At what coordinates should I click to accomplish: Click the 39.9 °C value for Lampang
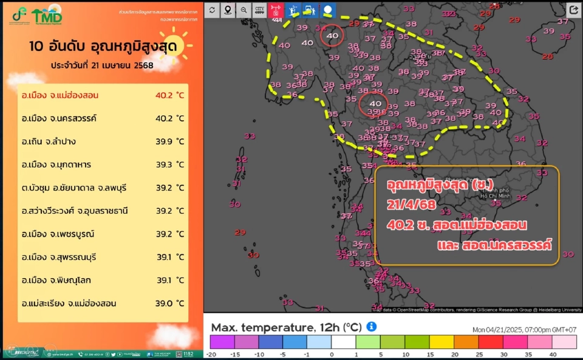pos(169,141)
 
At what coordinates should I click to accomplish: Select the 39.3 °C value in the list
pos(169,165)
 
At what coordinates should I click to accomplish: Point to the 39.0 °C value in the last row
pos(169,303)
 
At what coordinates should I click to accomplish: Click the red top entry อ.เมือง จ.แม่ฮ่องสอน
pos(60,95)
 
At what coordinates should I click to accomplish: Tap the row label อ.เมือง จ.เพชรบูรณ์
pos(58,234)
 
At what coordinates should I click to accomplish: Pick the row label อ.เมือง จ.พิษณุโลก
pos(58,280)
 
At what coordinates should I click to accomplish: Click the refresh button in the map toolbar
pos(212,10)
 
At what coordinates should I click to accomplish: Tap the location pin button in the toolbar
pos(228,10)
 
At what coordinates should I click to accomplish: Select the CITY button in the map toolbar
pos(259,10)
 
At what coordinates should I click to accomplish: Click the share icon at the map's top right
pos(573,10)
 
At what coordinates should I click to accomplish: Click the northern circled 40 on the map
pos(332,36)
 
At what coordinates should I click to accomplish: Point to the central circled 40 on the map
pos(375,103)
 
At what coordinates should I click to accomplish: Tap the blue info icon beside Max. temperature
pos(372,327)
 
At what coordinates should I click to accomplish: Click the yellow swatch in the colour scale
pos(453,342)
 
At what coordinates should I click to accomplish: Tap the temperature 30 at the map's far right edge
pos(568,254)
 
